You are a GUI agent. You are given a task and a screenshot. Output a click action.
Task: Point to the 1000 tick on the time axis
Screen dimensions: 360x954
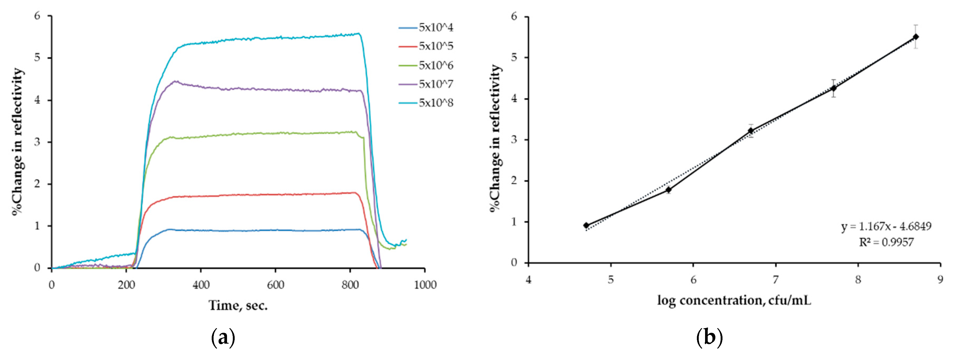[x=425, y=285]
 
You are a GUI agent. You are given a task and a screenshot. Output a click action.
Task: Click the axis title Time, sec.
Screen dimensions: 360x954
[x=238, y=306]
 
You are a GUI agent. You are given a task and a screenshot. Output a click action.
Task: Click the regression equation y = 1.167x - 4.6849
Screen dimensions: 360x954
[x=886, y=226]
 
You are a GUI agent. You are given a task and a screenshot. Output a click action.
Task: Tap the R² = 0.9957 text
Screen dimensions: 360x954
[x=886, y=242]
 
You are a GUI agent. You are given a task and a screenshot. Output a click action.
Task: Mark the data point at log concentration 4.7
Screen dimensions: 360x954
[x=586, y=225]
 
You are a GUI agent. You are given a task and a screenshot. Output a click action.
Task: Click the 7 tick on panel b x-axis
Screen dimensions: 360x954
[x=776, y=280]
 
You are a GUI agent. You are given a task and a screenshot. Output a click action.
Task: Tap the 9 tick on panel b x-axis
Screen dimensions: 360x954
[x=940, y=280]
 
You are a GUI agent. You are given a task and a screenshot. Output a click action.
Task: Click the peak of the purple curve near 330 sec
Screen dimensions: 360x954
[x=176, y=81]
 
